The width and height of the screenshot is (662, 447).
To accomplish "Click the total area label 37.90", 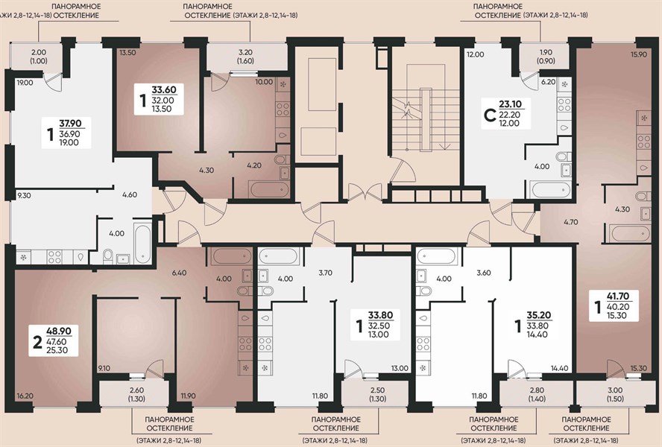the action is [69, 124].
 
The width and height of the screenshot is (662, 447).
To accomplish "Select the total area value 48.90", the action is [59, 332].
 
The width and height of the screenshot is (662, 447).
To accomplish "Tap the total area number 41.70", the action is [618, 297].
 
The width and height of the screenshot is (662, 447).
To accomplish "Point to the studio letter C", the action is [489, 115].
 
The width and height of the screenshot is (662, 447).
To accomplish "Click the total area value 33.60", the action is [163, 90].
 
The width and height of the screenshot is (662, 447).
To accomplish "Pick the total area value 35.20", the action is [539, 315].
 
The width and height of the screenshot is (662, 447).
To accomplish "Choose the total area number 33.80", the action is [380, 315].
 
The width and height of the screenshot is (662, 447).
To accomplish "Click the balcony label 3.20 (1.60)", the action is [246, 57].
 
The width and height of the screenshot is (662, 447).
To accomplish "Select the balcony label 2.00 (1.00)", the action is [39, 57].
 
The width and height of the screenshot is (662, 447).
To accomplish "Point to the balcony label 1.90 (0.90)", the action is [546, 57].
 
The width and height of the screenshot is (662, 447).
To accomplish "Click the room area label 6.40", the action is [179, 273].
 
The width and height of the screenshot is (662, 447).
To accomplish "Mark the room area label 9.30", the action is [24, 195].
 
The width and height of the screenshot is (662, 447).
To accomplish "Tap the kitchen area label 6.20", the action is [549, 82].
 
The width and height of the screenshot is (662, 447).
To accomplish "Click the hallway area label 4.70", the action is [570, 221].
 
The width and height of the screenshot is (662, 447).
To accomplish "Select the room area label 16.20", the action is [25, 396].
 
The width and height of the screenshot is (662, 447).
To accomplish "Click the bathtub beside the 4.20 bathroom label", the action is [268, 188].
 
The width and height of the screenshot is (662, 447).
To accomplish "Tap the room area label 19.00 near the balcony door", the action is [25, 83].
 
